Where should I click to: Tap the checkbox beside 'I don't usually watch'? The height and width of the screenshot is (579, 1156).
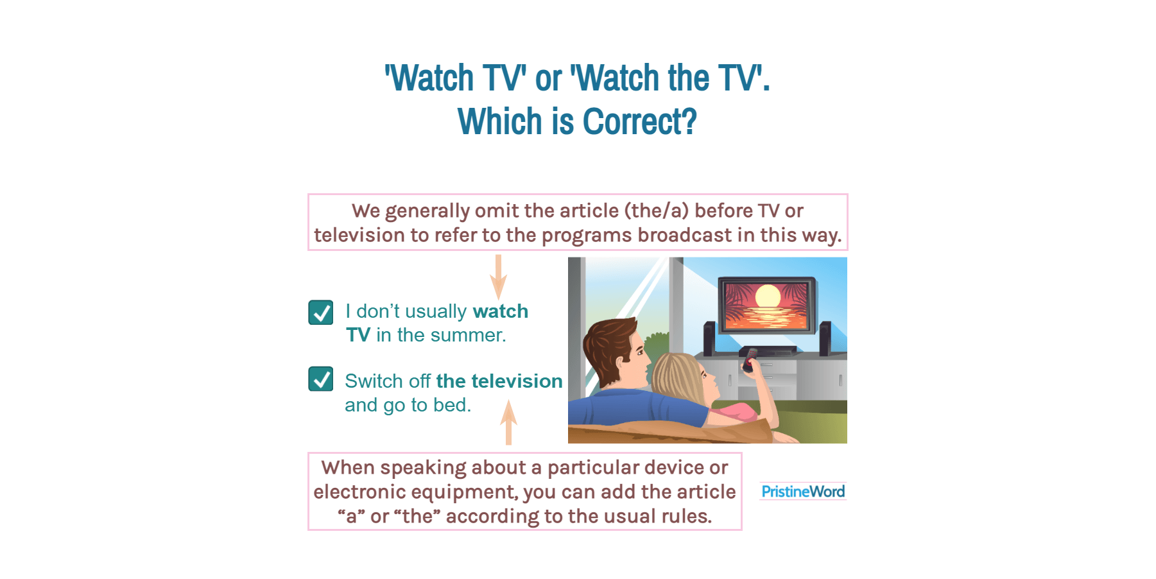pyautogui.click(x=320, y=313)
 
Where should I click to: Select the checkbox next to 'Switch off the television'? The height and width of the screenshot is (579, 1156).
pyautogui.click(x=320, y=379)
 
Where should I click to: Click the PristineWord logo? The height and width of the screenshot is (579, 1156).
pyautogui.click(x=802, y=492)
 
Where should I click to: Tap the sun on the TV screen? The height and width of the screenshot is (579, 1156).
pyautogui.click(x=767, y=297)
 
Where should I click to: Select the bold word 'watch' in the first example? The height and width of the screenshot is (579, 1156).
pyautogui.click(x=500, y=311)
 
